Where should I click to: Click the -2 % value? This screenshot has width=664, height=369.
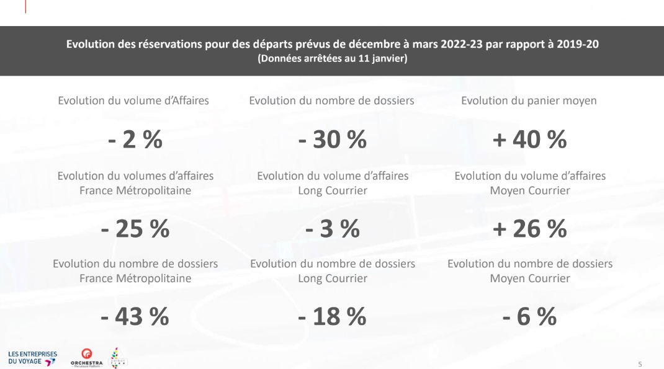point(135,140)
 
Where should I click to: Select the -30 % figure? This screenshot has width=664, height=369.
point(332,140)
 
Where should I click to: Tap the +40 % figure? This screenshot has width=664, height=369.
point(529,140)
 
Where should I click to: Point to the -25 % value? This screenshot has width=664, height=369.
point(135,229)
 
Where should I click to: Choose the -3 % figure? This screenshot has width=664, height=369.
point(332,229)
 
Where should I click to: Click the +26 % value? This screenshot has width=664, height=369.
point(529,229)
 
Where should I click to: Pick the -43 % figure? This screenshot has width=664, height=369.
point(135,317)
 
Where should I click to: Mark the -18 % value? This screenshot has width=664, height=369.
point(332,317)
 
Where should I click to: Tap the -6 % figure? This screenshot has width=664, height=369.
point(529,317)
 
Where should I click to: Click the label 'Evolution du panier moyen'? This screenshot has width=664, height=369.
point(529,100)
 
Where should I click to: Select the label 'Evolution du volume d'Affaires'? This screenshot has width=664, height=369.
point(133,100)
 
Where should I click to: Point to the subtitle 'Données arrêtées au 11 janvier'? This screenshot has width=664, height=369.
point(332,59)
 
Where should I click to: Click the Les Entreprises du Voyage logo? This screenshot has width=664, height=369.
point(32,357)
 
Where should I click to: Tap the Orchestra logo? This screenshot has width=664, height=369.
point(87,357)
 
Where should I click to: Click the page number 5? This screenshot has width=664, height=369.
point(640,362)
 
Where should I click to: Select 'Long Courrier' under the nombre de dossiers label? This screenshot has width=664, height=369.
point(332,278)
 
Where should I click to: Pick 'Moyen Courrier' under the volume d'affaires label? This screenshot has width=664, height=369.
point(529,190)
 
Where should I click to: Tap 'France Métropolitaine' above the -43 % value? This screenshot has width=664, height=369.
point(135,278)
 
